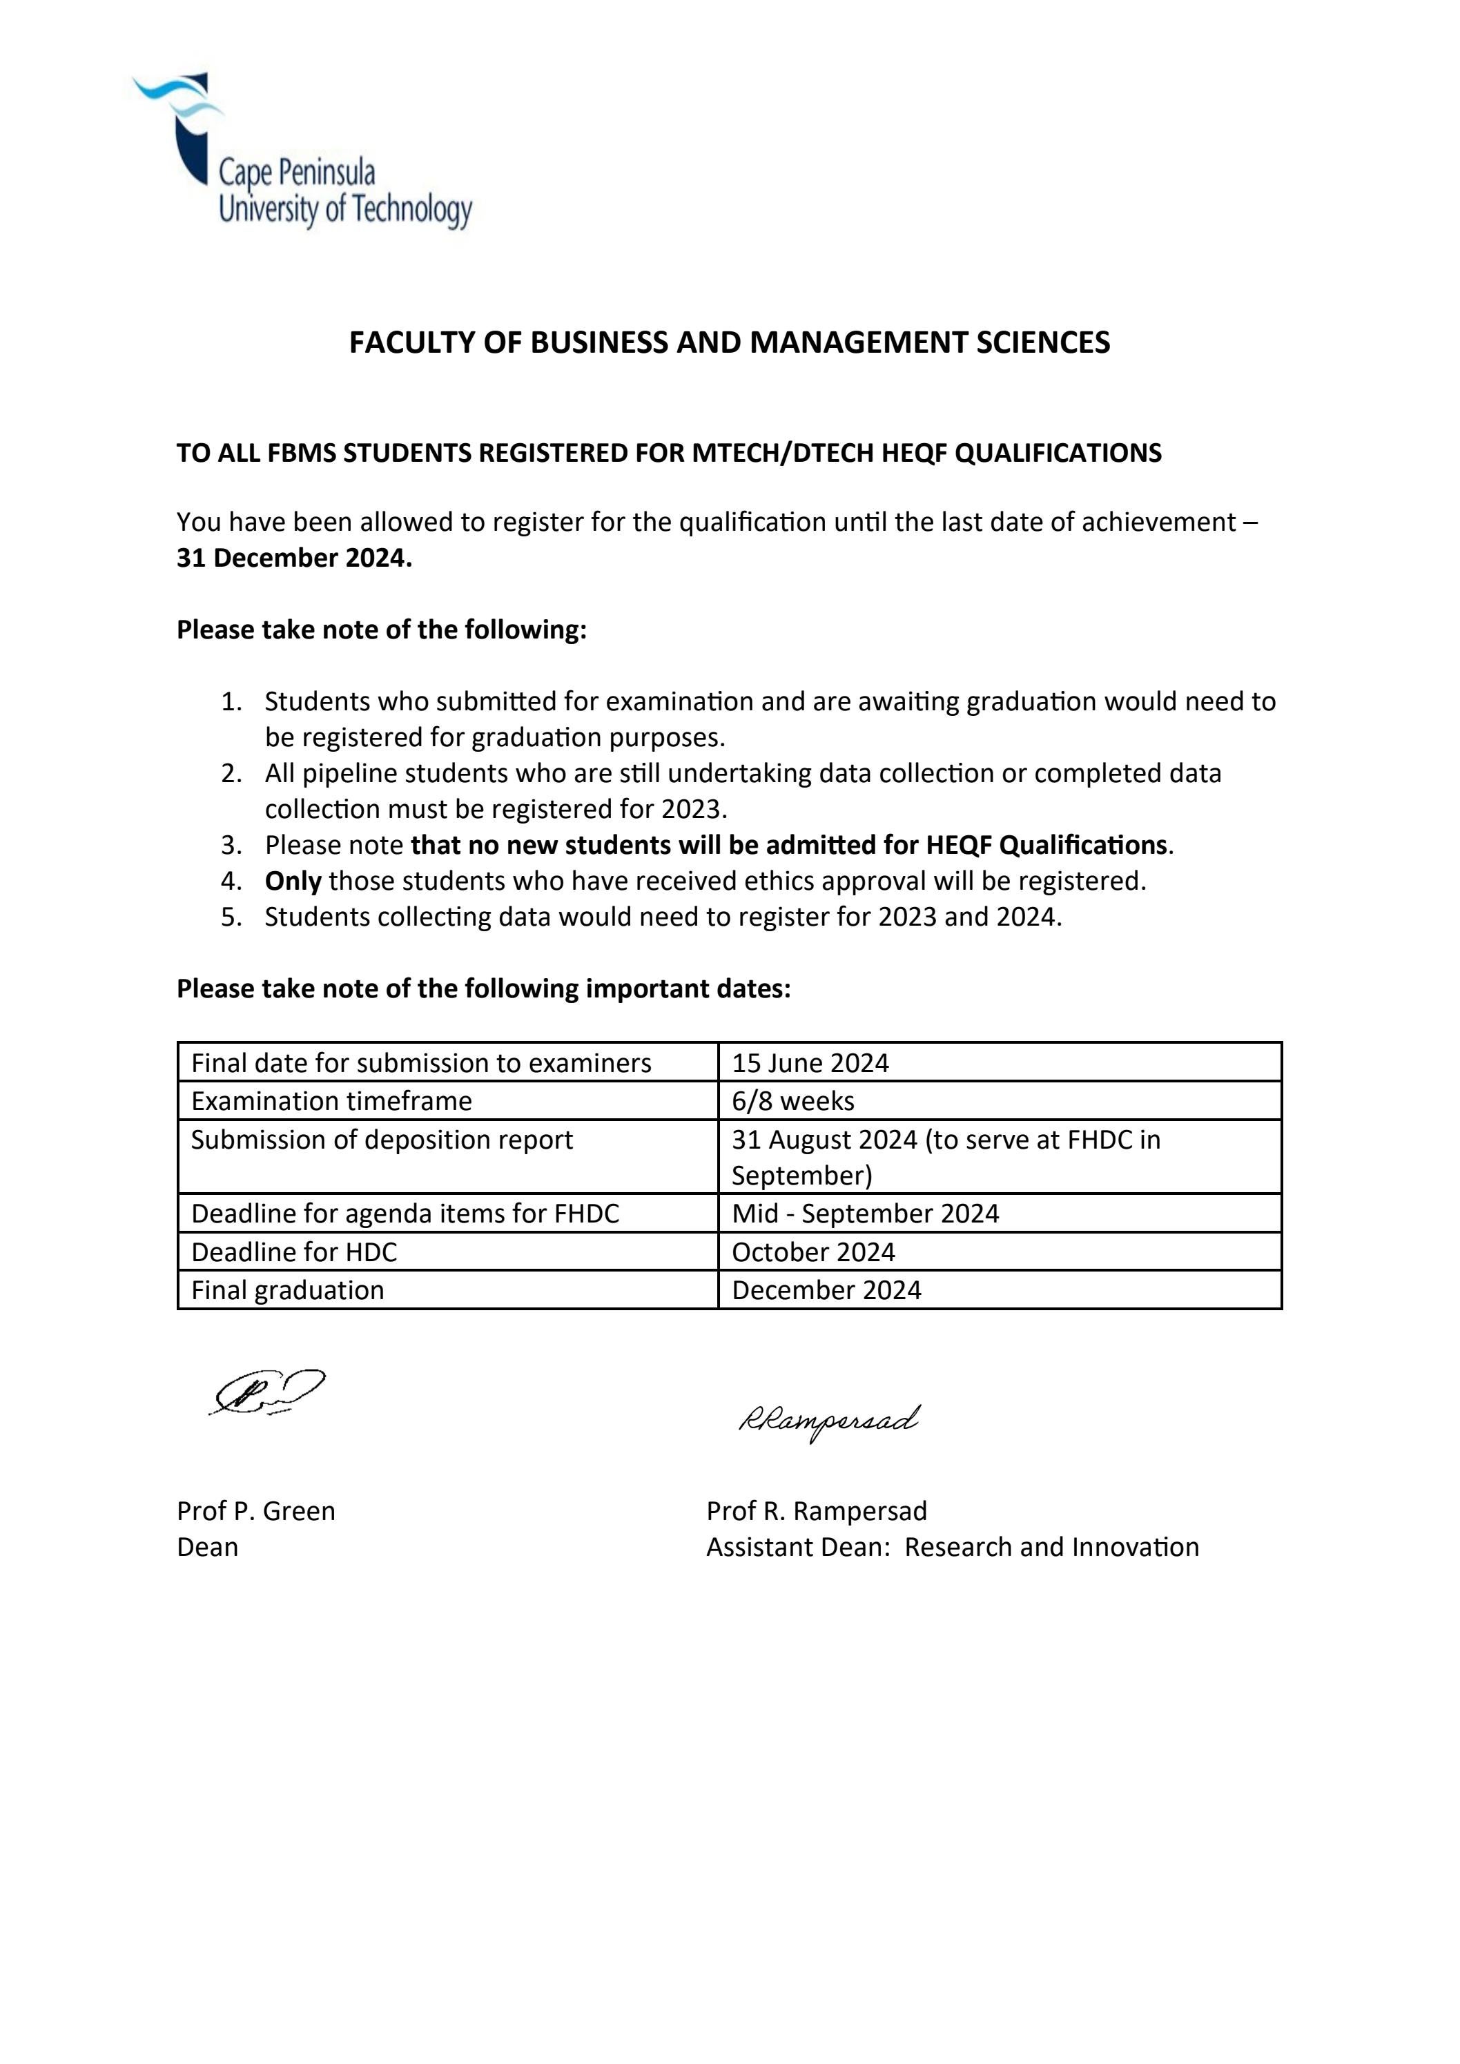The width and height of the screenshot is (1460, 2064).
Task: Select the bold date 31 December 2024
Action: (x=294, y=558)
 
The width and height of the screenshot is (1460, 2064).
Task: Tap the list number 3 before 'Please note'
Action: (x=231, y=845)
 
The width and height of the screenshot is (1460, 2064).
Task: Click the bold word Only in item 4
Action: (x=293, y=881)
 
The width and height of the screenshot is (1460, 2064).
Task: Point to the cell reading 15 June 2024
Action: (x=810, y=1064)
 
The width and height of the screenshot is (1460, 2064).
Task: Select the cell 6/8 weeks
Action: (x=793, y=1101)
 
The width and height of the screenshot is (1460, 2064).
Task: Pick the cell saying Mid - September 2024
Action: (x=865, y=1214)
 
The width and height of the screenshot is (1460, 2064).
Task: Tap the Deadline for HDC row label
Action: (x=293, y=1252)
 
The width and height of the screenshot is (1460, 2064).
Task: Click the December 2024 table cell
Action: (x=826, y=1291)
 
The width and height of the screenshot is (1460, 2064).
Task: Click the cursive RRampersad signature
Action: (x=828, y=1421)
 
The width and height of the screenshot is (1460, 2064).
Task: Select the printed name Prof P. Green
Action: (x=255, y=1511)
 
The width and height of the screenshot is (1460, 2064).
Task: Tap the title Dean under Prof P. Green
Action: (x=207, y=1547)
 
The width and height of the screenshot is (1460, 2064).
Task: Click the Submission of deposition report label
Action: (x=381, y=1140)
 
